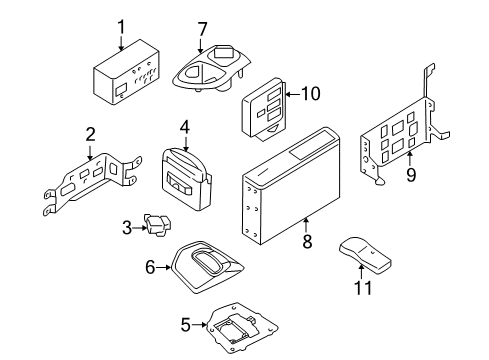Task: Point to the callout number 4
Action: (x=185, y=128)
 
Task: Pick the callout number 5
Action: (x=183, y=323)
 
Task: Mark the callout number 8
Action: (x=307, y=240)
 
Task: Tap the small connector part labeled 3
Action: (x=157, y=228)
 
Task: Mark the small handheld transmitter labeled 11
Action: (x=364, y=256)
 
